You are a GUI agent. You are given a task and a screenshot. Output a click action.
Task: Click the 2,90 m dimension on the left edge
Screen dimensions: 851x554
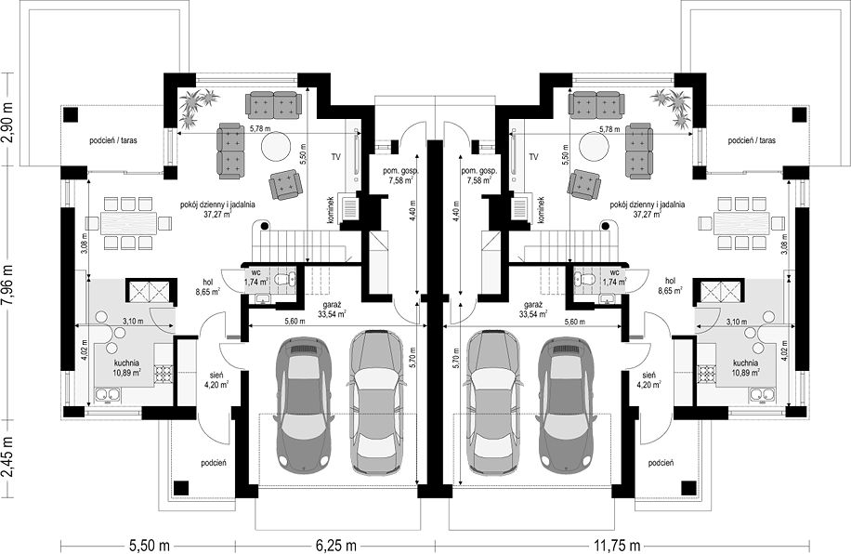(x=7, y=120)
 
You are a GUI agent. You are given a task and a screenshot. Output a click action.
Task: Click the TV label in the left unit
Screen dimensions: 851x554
(x=336, y=157)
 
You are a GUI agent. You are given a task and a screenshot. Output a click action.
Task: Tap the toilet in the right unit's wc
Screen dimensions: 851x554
(x=584, y=280)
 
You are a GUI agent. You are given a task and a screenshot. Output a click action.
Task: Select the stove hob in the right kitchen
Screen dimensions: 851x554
(x=705, y=374)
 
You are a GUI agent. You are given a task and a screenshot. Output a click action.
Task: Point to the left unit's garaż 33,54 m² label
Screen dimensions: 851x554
(x=332, y=310)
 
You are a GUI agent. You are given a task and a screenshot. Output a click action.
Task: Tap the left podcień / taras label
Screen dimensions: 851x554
(x=113, y=140)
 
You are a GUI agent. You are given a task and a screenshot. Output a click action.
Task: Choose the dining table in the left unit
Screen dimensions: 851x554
(x=128, y=223)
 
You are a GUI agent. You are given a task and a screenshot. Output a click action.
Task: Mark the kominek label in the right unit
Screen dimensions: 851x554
(x=540, y=210)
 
